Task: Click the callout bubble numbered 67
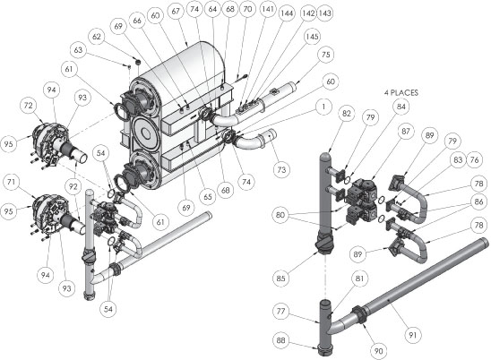pos(176,12)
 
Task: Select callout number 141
pos(268,9)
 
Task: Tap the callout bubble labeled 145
pos(312,37)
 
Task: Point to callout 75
pos(325,55)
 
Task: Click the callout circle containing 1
pos(323,107)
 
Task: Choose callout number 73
pos(281,169)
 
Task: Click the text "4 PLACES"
pos(401,92)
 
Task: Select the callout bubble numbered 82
pos(347,114)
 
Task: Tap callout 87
pos(406,131)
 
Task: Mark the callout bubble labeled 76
pos(474,159)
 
